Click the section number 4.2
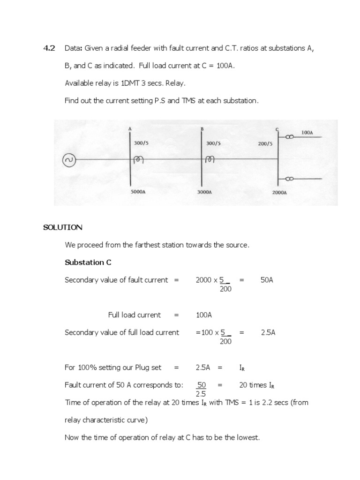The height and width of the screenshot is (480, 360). click(49, 48)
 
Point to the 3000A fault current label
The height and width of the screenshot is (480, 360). click(205, 192)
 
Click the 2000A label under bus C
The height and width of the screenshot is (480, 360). click(279, 192)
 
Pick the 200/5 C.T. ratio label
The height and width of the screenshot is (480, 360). click(265, 143)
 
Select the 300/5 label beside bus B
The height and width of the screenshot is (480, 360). click(213, 143)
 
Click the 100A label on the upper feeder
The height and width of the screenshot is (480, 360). click(307, 133)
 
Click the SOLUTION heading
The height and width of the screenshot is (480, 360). click(63, 228)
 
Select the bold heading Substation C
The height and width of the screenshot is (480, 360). click(88, 262)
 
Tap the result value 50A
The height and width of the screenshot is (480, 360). click(267, 280)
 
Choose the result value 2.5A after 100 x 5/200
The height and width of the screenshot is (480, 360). click(268, 332)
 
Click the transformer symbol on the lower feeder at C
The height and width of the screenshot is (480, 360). click(289, 179)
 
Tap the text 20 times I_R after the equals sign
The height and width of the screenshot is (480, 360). click(256, 385)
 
